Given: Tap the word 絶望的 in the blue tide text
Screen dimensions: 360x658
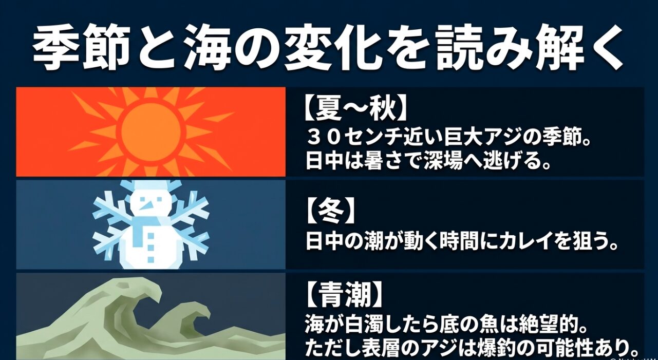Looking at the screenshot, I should pos(555,326).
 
